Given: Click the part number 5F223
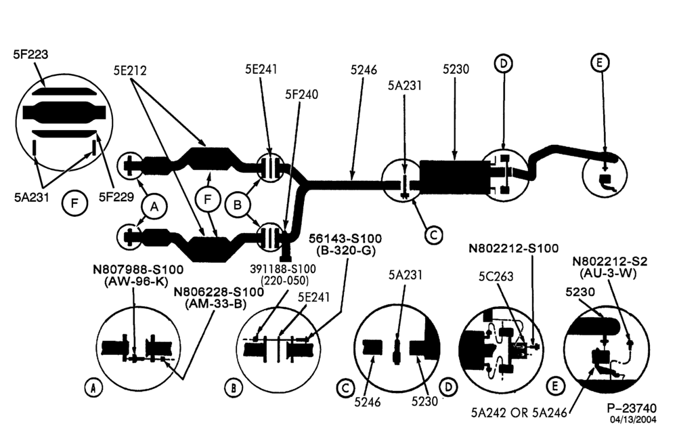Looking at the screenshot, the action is [x=30, y=54].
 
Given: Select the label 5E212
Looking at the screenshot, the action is [x=130, y=70].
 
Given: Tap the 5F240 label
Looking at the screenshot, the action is [x=301, y=94].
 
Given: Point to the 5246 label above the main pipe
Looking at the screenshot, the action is [x=364, y=70].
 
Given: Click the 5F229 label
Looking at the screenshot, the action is [x=116, y=197].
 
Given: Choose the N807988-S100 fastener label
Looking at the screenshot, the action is [x=138, y=269].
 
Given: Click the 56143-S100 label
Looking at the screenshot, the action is [x=345, y=238].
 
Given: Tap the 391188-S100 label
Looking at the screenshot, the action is [x=283, y=269].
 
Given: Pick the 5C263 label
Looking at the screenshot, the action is [x=496, y=276].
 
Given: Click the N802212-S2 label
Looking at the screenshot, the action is [x=610, y=262].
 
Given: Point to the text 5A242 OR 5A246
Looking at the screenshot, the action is [x=519, y=413].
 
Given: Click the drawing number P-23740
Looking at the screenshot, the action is [x=631, y=408].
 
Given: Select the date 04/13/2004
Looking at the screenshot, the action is [x=633, y=419].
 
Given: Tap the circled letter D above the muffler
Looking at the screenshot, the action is [x=504, y=64].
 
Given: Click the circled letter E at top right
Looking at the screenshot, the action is [x=599, y=63].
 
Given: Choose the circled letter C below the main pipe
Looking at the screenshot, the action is [x=433, y=234].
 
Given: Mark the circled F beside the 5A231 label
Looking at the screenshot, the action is [x=74, y=203].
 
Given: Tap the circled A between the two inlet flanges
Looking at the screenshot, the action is [x=154, y=207].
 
